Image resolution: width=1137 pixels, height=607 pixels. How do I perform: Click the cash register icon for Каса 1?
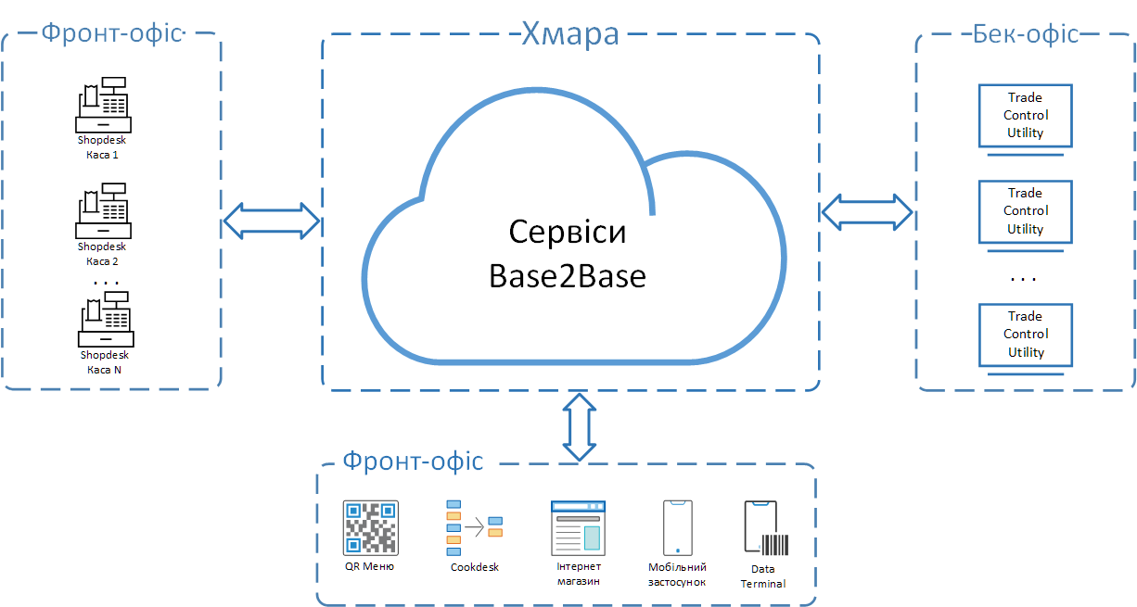(x=102, y=105)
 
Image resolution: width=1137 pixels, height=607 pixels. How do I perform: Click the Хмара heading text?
(x=569, y=35)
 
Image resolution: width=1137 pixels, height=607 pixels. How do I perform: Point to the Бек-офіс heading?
(x=1026, y=34)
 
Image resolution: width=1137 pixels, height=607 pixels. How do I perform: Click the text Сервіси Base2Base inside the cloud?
(x=567, y=253)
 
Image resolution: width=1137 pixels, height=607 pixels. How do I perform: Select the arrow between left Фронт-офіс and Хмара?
(x=272, y=221)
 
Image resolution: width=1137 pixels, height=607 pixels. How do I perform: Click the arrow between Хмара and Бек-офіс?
(x=867, y=212)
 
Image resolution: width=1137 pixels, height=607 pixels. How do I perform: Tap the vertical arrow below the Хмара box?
(x=581, y=426)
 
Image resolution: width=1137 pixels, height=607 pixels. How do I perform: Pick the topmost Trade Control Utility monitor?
(x=1026, y=116)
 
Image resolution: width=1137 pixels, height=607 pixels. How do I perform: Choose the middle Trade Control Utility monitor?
(x=1026, y=211)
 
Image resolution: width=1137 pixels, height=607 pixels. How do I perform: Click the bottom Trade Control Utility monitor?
(x=1026, y=335)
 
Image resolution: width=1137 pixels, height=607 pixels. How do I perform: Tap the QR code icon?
(x=370, y=528)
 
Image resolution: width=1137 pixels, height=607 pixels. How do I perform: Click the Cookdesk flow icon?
(x=474, y=528)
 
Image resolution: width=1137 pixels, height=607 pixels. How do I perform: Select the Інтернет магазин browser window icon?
(x=578, y=528)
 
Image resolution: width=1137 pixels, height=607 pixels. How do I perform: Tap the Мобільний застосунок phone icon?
(x=677, y=528)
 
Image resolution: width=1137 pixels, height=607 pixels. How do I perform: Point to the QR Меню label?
(x=369, y=567)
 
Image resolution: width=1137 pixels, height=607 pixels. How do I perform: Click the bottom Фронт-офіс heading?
(x=413, y=461)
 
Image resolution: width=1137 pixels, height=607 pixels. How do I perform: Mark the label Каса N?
(x=104, y=370)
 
